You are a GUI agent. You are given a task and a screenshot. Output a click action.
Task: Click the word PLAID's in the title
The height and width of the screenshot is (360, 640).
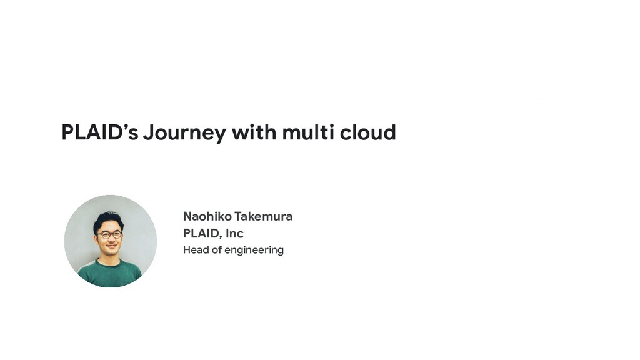[x=100, y=132]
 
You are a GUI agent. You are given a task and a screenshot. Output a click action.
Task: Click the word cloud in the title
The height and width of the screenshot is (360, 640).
[x=368, y=132]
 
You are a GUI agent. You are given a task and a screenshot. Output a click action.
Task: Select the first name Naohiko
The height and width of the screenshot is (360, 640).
[x=207, y=216]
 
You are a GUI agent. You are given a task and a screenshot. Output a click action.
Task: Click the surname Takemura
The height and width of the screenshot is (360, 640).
[x=264, y=216]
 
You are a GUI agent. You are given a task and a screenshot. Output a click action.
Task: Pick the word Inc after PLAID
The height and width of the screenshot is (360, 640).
[x=235, y=234]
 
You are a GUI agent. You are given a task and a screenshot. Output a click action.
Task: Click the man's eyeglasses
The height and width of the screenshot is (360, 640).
[x=109, y=235]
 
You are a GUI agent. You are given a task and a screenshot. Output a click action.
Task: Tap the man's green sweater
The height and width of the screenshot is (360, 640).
[x=109, y=274]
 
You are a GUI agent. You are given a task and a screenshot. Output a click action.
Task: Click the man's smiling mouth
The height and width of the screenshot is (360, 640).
[x=111, y=246]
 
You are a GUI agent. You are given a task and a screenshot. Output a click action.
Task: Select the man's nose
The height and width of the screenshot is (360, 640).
[x=111, y=240]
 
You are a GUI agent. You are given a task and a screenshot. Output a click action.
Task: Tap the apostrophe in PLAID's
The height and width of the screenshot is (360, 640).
[x=126, y=126]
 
